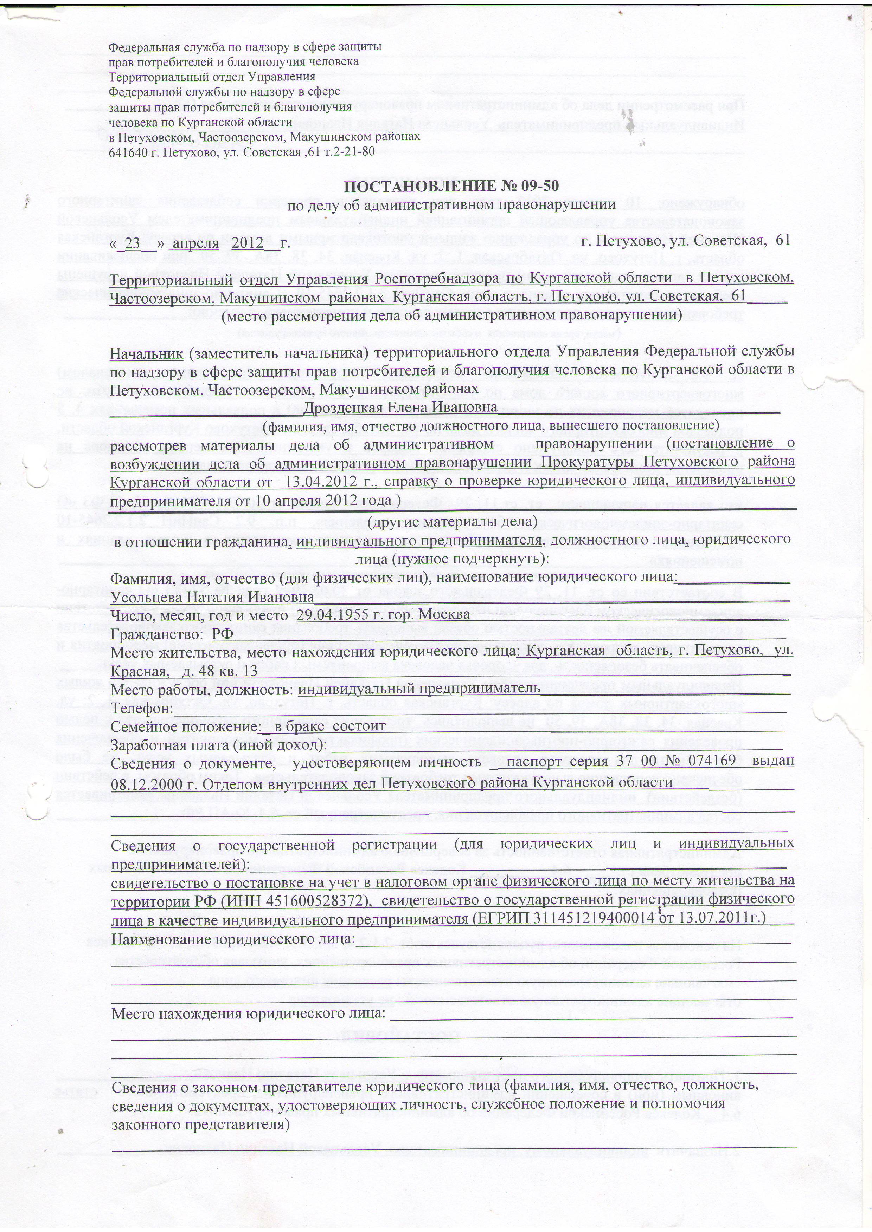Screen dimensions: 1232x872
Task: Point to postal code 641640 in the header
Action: coord(127,151)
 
